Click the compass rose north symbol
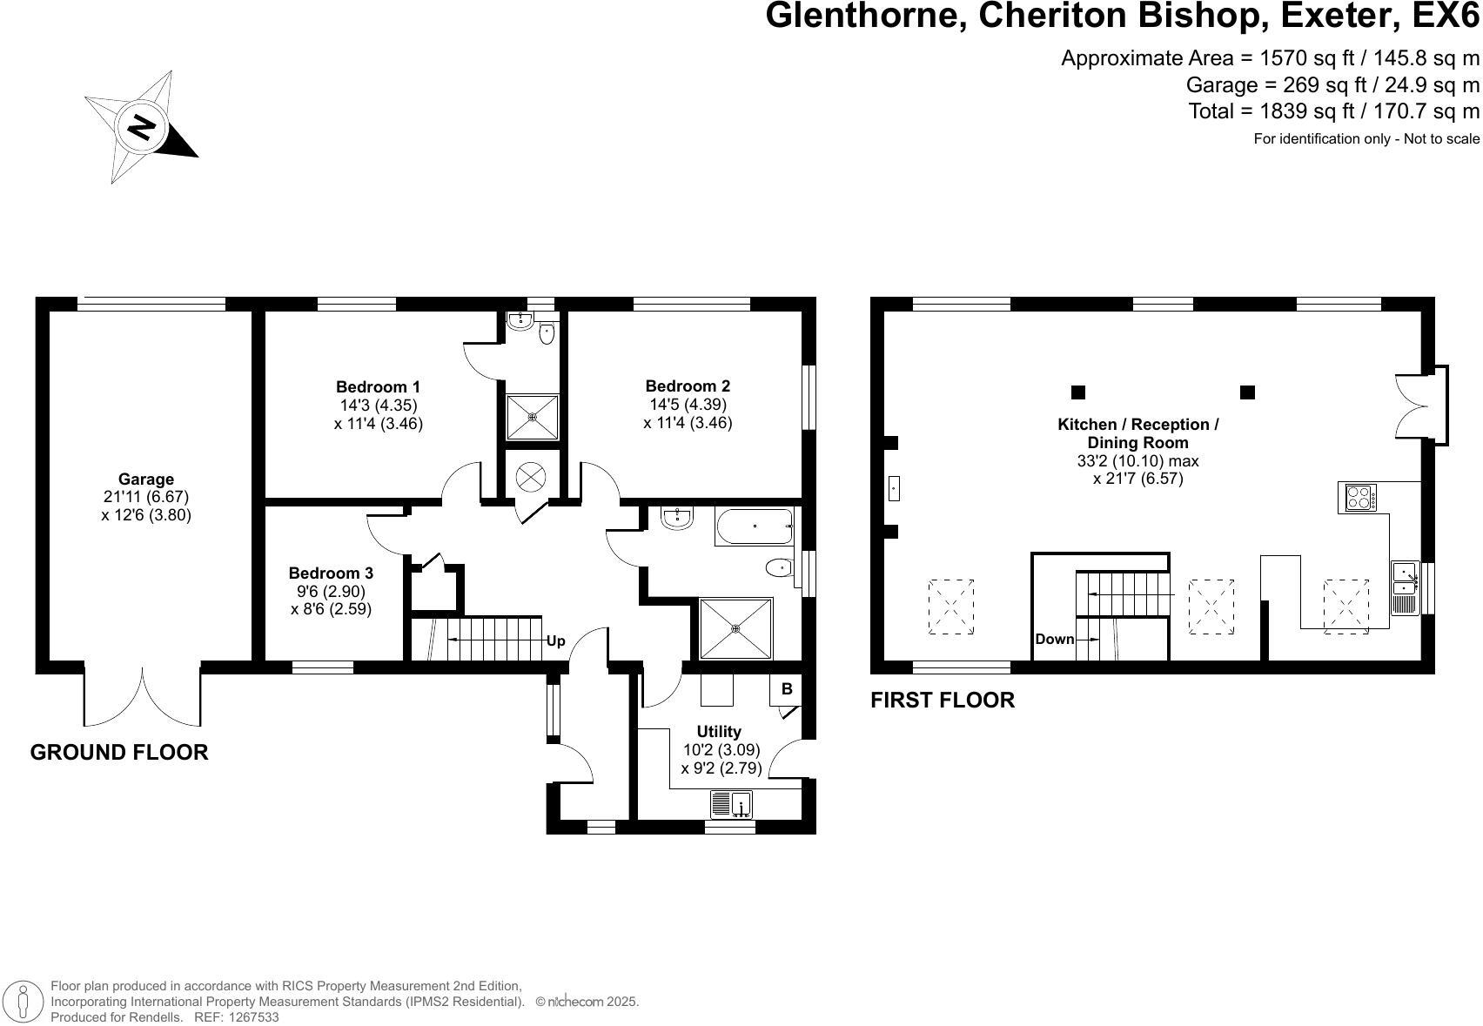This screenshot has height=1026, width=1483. coord(141,127)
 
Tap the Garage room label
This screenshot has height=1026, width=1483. coord(146,479)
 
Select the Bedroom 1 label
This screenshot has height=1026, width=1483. coord(378,386)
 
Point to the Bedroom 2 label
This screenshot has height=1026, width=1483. coord(688,386)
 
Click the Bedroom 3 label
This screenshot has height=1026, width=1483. coord(331,573)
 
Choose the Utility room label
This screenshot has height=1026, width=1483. coord(719,731)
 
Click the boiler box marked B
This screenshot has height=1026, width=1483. coord(787,689)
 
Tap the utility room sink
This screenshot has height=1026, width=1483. coord(731,804)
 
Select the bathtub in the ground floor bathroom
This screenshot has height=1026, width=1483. coord(754,526)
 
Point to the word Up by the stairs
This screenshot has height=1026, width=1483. coord(555,641)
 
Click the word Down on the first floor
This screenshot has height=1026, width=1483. coord(1054,640)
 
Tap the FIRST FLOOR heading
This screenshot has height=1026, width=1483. coord(943,700)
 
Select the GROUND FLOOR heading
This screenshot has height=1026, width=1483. coord(119,752)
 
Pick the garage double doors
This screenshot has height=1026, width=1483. coord(143,696)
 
